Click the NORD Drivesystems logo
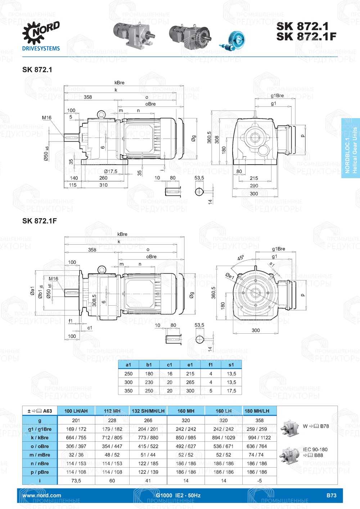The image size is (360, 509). point(41,36)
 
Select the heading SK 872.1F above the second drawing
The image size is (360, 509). point(40,221)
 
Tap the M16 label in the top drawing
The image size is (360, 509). point(46,118)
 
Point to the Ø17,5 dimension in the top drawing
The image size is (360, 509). point(111,171)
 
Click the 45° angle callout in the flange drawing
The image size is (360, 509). point(240,258)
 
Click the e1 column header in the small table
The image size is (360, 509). point(190,365)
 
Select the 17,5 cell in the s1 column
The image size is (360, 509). point(231,391)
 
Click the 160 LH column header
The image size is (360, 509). point(224,411)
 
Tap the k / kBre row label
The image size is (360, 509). point(40,438)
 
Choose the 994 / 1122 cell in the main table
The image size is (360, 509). point(259,438)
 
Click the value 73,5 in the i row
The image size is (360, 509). point(76,481)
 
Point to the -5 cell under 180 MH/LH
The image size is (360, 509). point(259,481)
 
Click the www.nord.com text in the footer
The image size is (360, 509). point(42,495)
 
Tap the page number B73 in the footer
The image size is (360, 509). point(331,495)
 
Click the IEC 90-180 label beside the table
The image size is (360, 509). point(315,450)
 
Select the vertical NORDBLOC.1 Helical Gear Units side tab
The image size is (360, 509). point(351,148)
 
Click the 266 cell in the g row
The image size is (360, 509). point(148,420)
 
